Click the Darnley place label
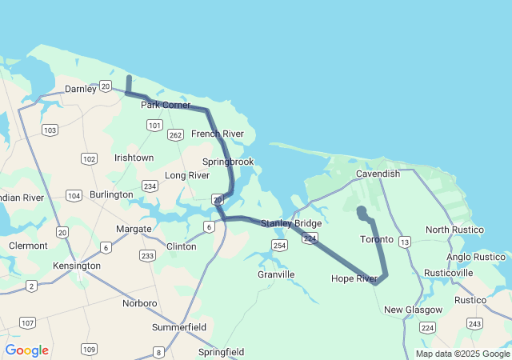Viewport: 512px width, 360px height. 80,89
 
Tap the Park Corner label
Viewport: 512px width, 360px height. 166,105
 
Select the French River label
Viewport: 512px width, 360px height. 218,134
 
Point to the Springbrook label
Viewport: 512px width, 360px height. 227,162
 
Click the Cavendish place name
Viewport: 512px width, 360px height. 378,174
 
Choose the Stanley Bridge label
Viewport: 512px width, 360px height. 291,223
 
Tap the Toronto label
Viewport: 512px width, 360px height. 377,239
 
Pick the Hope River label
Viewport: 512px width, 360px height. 354,278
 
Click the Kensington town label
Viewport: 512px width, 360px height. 77,265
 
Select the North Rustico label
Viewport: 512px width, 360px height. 454,230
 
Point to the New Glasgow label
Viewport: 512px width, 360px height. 413,310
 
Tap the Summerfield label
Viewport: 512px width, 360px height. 180,327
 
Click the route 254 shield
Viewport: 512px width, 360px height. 279,245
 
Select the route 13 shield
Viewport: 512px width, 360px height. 405,242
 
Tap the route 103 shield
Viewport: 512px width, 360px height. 50,130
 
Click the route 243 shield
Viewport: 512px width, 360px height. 474,323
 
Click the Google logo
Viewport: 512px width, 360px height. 26,350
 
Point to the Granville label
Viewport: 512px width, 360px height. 276,274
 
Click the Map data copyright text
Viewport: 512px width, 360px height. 462,354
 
